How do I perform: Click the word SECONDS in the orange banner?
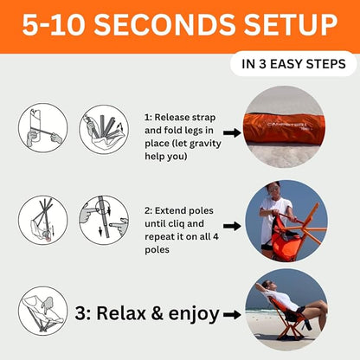[166, 24]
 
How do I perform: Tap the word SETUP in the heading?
[291, 24]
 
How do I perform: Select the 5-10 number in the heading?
[54, 24]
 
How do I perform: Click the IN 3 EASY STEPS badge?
[293, 64]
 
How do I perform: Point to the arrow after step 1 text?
[232, 133]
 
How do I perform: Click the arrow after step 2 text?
[232, 226]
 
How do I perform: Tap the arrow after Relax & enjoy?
[232, 314]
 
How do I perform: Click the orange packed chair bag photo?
[285, 127]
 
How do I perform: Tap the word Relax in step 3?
[121, 312]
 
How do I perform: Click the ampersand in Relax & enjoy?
[157, 313]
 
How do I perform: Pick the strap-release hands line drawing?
[43, 128]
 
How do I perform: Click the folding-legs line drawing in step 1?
[104, 129]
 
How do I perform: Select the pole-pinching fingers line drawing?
[104, 220]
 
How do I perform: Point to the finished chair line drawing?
[43, 311]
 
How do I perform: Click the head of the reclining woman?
[267, 286]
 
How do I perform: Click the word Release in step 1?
[172, 118]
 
